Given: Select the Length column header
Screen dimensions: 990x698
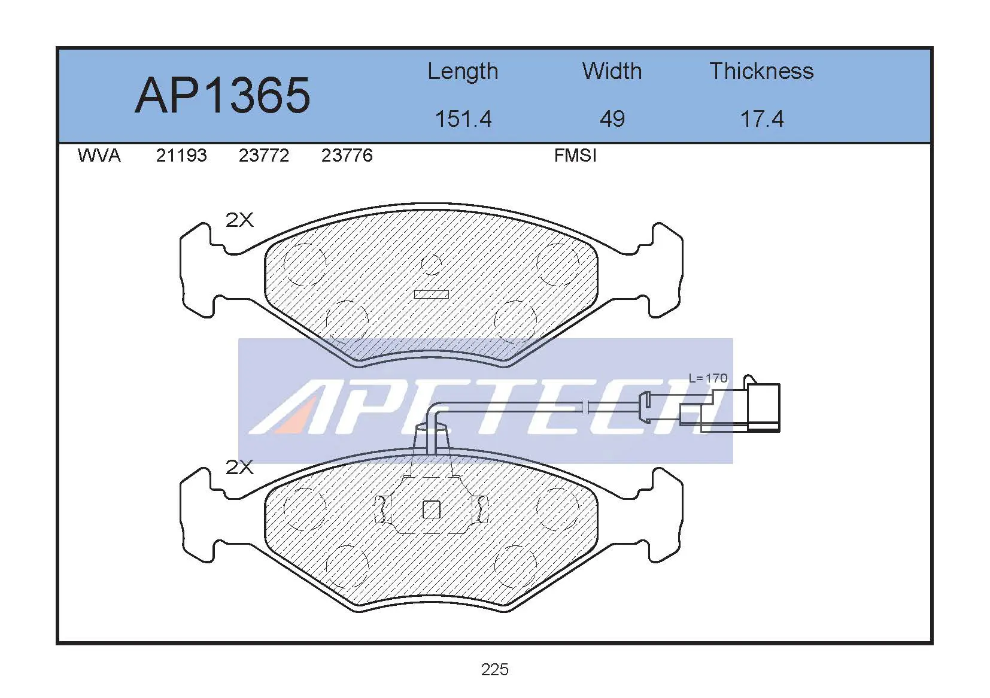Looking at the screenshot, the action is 463,72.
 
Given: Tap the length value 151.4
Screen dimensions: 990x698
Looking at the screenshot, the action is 463,119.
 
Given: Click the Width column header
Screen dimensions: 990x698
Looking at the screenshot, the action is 612,71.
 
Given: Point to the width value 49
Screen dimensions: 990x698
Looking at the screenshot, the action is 612,119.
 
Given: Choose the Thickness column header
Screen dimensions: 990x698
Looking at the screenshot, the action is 761,71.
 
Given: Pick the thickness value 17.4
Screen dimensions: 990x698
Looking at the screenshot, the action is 762,119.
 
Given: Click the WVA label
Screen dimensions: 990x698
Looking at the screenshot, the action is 99,156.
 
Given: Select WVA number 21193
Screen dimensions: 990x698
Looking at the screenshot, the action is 181,156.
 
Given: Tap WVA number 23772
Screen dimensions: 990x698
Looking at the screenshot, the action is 264,156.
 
